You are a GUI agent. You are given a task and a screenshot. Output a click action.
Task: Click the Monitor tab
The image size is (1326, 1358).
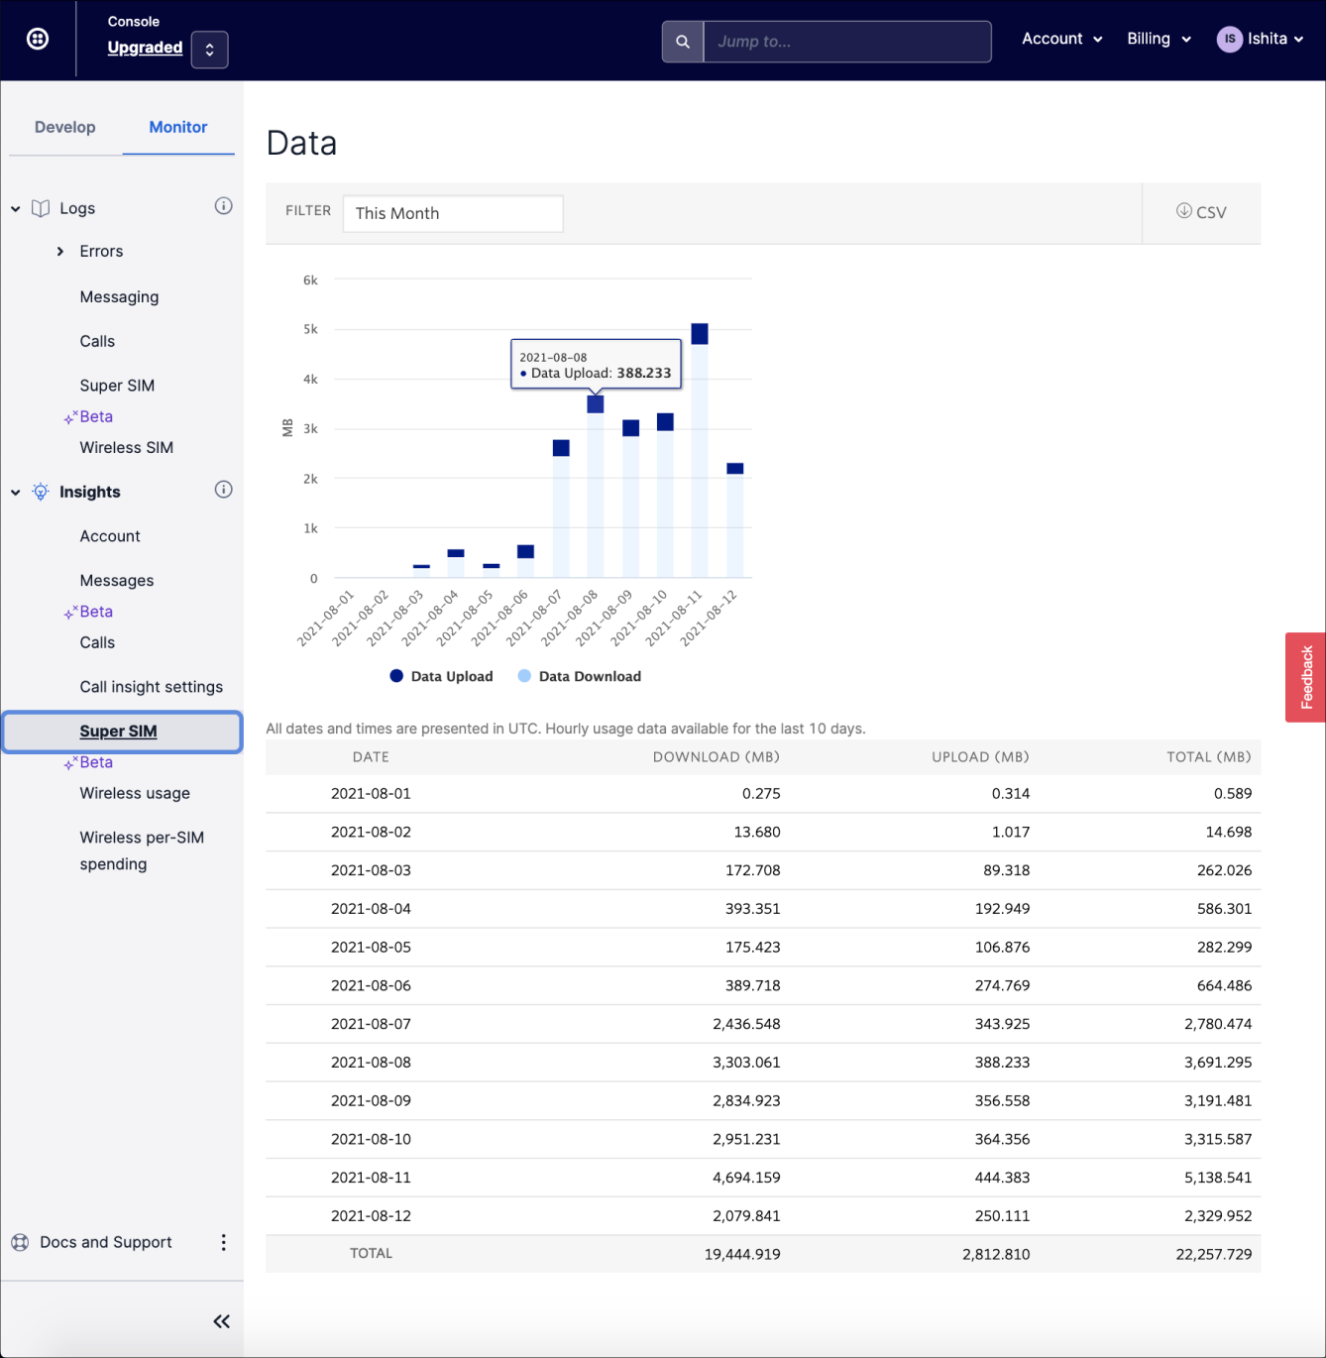pos(178,127)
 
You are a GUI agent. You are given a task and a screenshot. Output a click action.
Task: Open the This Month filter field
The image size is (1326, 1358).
pos(453,213)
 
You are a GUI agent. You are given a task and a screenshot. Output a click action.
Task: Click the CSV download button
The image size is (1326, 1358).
pos(1201,212)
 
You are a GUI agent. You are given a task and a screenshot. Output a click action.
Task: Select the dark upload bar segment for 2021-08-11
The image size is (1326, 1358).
pos(700,334)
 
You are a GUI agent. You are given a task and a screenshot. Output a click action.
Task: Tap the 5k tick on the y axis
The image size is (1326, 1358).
pos(310,329)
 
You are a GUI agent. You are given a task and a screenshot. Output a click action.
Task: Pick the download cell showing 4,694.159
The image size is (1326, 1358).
pos(745,1178)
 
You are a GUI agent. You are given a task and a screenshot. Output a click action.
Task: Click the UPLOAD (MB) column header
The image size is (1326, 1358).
pos(979,756)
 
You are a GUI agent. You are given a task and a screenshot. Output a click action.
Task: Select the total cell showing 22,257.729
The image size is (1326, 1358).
pos(1213,1254)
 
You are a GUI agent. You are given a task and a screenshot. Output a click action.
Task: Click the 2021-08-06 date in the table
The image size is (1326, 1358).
pos(371,985)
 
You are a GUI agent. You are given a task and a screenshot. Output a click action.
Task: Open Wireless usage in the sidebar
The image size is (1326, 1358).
pos(135,793)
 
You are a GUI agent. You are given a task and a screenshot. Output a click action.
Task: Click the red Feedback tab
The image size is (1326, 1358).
pos(1306,677)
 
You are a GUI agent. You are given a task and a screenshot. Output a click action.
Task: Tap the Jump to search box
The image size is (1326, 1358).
pos(846,42)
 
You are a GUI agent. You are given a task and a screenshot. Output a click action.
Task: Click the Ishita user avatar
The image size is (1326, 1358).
pos(1229,39)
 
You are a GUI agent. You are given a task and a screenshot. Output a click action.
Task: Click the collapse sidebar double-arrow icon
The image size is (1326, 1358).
pos(222,1321)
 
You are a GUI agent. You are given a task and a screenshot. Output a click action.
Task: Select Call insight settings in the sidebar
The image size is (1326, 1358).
pos(151,687)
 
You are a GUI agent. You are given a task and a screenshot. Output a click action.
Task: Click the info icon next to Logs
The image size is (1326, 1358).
pos(224,206)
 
